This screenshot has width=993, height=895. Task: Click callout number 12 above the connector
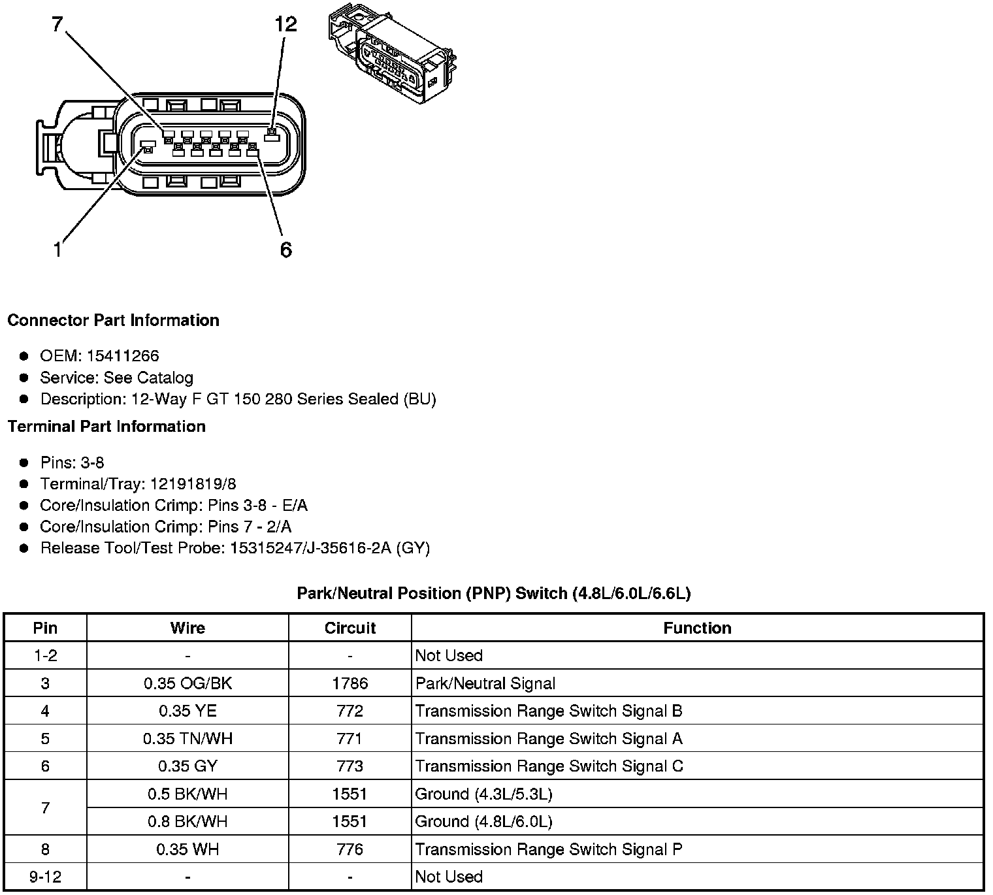tap(285, 25)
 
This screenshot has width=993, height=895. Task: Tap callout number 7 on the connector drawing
tap(57, 25)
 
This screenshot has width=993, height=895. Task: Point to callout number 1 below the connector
tap(57, 250)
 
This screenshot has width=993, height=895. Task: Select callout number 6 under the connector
tap(285, 250)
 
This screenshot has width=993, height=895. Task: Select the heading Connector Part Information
tap(113, 321)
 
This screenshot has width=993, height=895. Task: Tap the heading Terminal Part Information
tap(106, 427)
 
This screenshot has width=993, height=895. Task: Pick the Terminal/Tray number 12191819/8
tap(193, 484)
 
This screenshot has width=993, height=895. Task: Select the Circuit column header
tap(350, 628)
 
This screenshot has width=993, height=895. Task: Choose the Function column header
tap(697, 628)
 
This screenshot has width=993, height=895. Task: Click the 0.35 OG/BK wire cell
tap(187, 684)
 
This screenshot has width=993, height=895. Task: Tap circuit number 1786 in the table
tap(350, 684)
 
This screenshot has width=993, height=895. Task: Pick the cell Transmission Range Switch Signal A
tap(549, 739)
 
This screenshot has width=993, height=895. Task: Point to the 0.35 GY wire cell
tap(187, 766)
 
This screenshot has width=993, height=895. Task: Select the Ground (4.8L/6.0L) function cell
tap(483, 822)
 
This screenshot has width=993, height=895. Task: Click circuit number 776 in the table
tap(350, 849)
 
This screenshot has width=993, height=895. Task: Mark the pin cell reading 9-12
tap(45, 877)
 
